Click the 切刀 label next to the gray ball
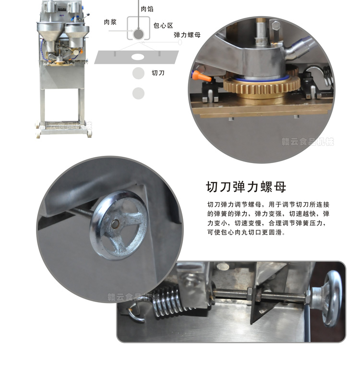(158, 73)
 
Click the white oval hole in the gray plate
(138, 57)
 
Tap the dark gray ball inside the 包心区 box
(138, 34)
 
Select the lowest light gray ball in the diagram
(138, 93)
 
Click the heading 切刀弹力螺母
(246, 186)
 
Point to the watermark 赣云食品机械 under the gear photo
(308, 141)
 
